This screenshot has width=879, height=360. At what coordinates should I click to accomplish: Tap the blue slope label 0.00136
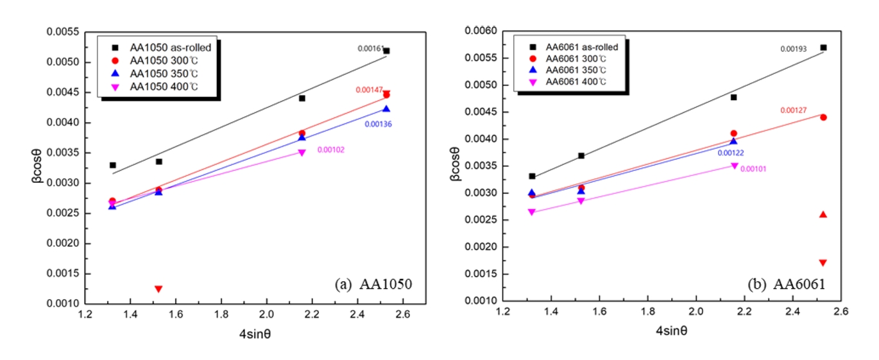(378, 124)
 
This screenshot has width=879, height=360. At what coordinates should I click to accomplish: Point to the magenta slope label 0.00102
(330, 150)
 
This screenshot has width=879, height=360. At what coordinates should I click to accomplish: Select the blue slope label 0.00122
(731, 153)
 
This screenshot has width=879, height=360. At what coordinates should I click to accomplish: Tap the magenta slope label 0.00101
(753, 169)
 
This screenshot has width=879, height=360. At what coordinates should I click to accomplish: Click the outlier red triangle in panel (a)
(158, 289)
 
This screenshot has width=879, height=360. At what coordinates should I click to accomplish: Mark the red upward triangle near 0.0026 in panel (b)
(823, 214)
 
